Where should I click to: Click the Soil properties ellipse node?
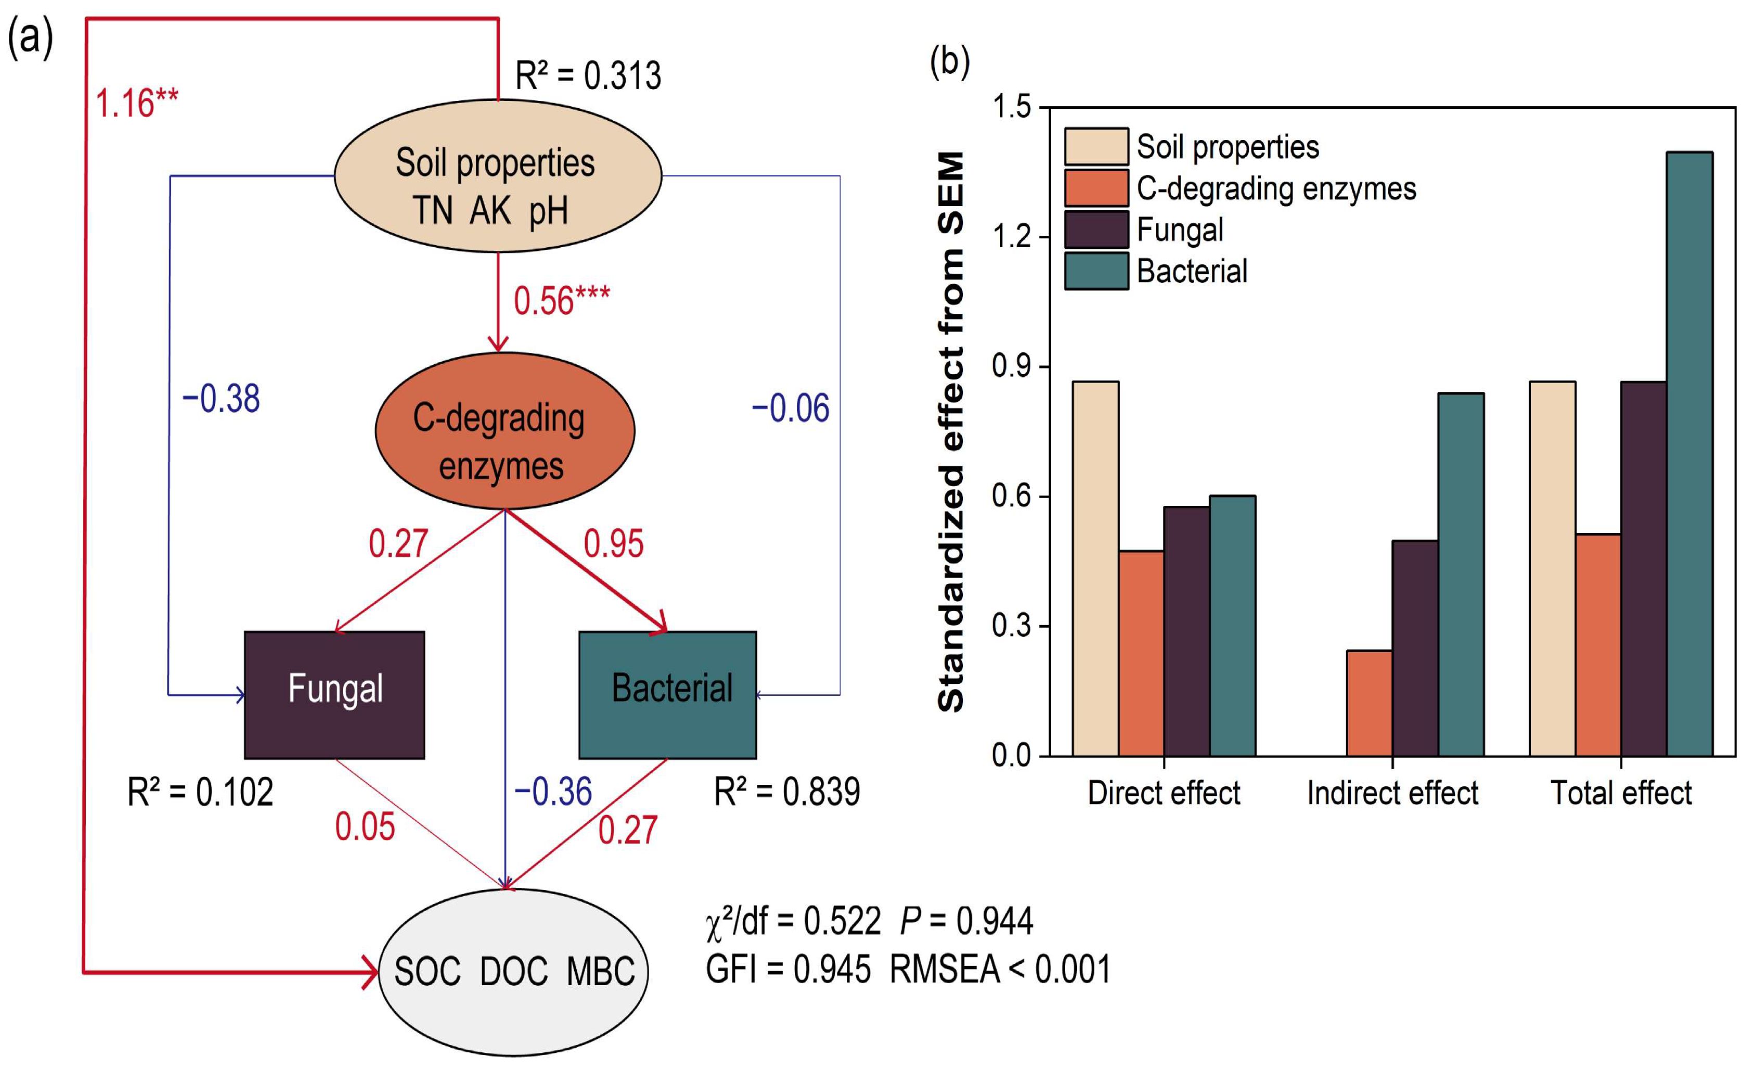[498, 176]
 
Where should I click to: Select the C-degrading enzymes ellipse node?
[504, 431]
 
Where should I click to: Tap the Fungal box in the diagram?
[334, 695]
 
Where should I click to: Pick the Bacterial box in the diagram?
[667, 695]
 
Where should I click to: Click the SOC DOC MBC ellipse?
[513, 971]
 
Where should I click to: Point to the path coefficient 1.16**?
[136, 104]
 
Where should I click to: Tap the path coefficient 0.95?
[613, 544]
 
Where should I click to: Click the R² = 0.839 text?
[787, 792]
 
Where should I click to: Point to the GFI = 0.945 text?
[788, 970]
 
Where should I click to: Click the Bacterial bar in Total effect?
[1689, 454]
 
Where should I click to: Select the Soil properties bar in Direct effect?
[1095, 568]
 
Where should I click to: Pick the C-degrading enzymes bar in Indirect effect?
[1368, 703]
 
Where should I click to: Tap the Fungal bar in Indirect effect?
[1415, 648]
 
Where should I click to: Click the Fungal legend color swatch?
[1096, 230]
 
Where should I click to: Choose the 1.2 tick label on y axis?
[1011, 236]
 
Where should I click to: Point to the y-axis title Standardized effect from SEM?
[951, 431]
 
